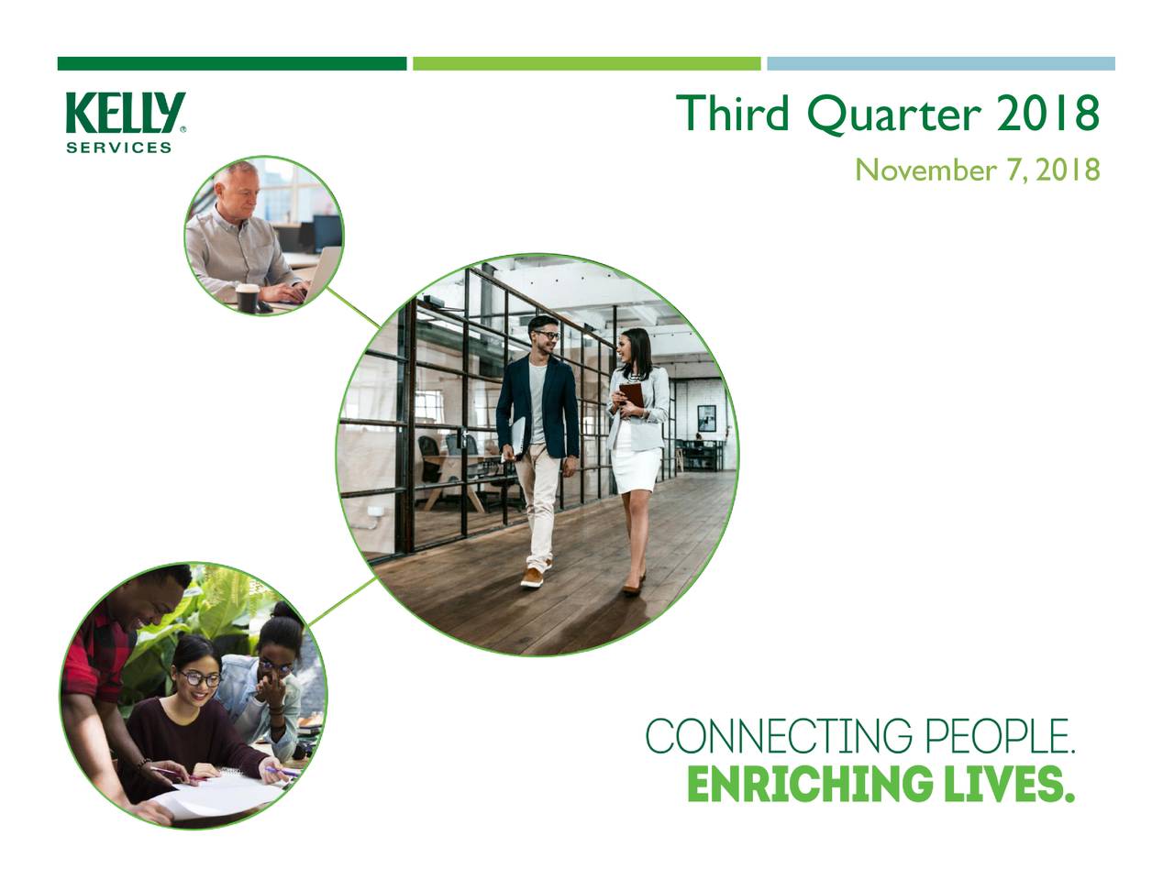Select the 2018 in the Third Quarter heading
point(1047,114)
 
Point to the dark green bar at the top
point(231,63)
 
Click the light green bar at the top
point(586,63)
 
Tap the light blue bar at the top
point(940,63)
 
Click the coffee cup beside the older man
point(247,296)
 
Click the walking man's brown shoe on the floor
point(532,577)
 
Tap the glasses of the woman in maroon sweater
point(199,679)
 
